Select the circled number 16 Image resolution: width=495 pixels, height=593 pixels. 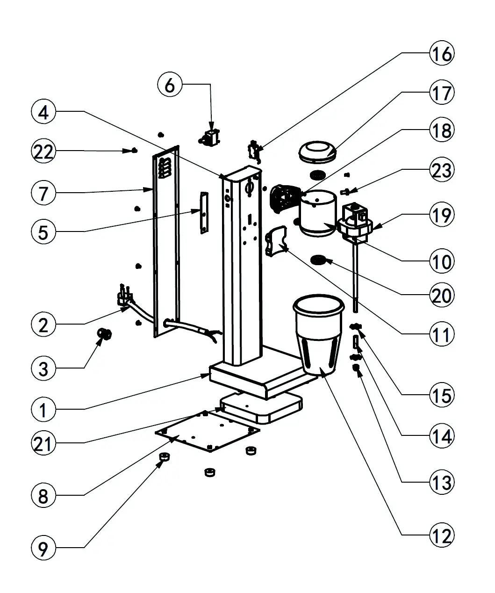(441, 54)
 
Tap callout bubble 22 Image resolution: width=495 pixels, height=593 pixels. (43, 152)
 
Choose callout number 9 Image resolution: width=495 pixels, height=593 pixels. (43, 548)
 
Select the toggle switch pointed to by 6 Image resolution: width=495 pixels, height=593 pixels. (211, 137)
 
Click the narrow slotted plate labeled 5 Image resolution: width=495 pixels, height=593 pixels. (204, 212)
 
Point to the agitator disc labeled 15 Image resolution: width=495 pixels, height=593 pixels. (357, 326)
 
